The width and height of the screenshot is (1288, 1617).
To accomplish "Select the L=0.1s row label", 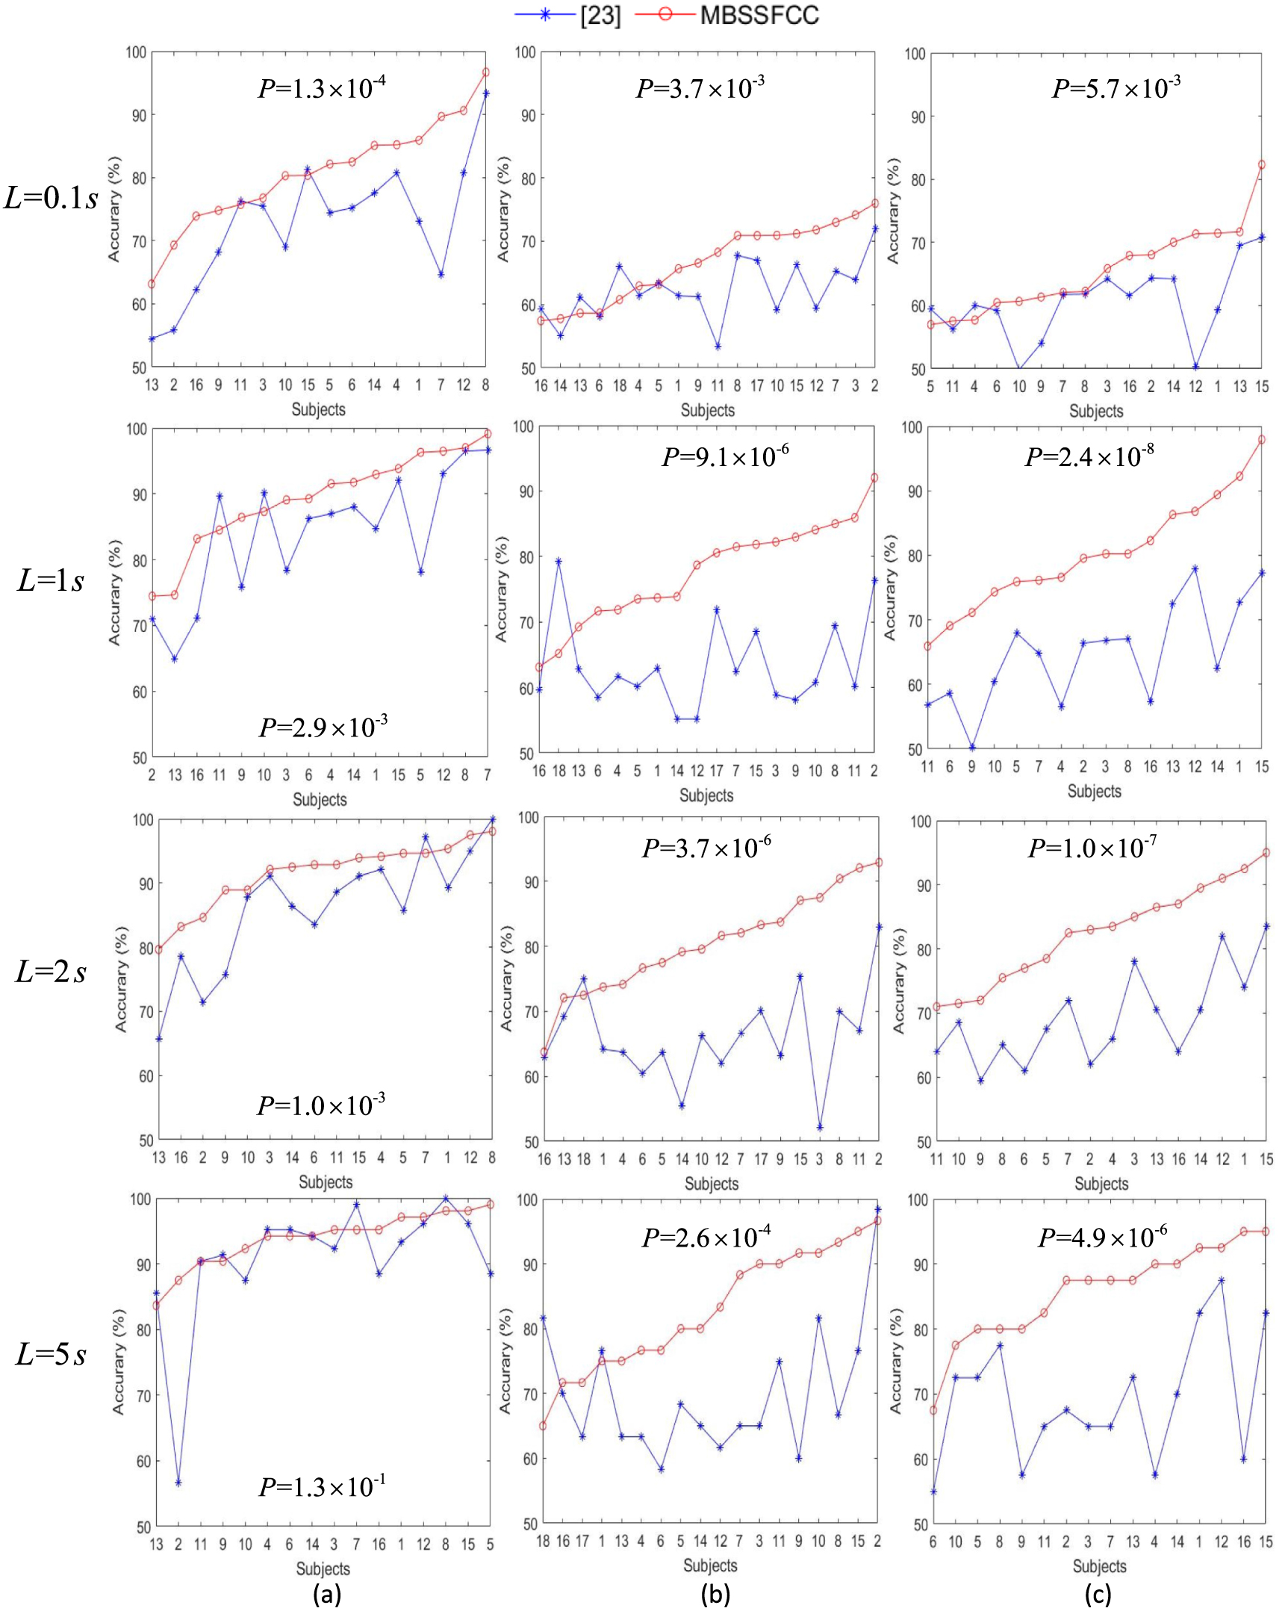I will click(51, 198).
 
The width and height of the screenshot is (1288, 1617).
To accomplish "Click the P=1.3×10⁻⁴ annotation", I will click(322, 87).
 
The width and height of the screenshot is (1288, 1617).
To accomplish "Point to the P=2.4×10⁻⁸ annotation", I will click(1089, 456).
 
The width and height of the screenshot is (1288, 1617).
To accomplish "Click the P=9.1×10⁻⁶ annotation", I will click(725, 456).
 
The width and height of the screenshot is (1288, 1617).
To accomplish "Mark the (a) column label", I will click(327, 1593).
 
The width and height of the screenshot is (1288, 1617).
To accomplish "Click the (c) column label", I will click(1098, 1593).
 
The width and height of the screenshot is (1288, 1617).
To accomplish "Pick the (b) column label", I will click(715, 1593).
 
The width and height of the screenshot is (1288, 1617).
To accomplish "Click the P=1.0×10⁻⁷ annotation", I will click(1092, 848).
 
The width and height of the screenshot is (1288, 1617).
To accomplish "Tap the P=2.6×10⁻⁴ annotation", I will click(706, 1237).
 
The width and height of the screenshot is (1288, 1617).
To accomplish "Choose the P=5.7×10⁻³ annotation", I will click(1116, 87).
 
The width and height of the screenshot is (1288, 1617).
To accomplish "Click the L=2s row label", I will click(51, 972).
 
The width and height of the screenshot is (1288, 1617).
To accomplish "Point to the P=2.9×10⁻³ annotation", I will click(323, 726).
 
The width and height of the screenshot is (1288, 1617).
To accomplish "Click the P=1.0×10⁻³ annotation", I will click(321, 1105).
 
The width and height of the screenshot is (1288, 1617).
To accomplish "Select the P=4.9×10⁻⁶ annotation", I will click(1103, 1237).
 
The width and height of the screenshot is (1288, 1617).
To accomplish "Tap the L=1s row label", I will click(51, 580).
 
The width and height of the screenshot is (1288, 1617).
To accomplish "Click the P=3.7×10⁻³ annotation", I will click(700, 87).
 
